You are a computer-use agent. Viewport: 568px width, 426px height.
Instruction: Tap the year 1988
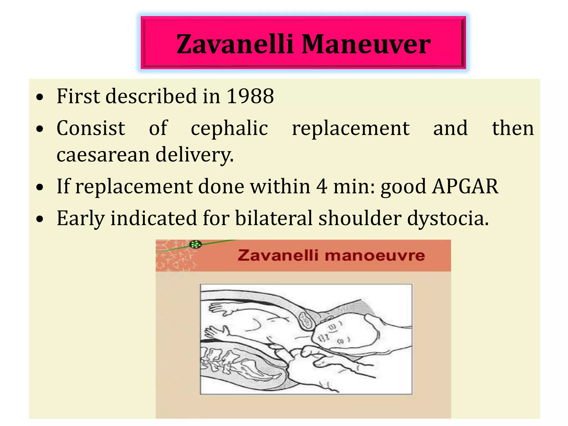pyautogui.click(x=250, y=96)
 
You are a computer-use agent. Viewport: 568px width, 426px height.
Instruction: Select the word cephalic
pyautogui.click(x=229, y=128)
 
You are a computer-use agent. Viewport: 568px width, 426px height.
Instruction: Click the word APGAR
pyautogui.click(x=465, y=186)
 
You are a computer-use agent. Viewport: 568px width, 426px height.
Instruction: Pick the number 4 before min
pyautogui.click(x=322, y=186)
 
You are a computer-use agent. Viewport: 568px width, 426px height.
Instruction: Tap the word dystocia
pyautogui.click(x=447, y=218)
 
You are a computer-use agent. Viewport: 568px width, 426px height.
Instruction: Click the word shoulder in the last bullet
pyautogui.click(x=360, y=218)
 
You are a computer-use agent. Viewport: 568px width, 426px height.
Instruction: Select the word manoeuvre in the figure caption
pyautogui.click(x=375, y=255)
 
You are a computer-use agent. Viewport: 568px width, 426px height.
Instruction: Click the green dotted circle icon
pyautogui.click(x=195, y=245)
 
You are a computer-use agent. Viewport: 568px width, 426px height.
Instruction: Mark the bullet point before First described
pyautogui.click(x=40, y=97)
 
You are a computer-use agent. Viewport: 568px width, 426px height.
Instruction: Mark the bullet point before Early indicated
pyautogui.click(x=40, y=219)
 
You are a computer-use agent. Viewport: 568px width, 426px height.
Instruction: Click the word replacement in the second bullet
pyautogui.click(x=351, y=128)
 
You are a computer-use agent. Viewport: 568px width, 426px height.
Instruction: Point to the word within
pyautogui.click(x=280, y=186)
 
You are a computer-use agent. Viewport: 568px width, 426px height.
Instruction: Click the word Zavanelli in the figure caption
pyautogui.click(x=278, y=255)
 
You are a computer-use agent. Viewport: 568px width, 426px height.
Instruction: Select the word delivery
pyautogui.click(x=194, y=154)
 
